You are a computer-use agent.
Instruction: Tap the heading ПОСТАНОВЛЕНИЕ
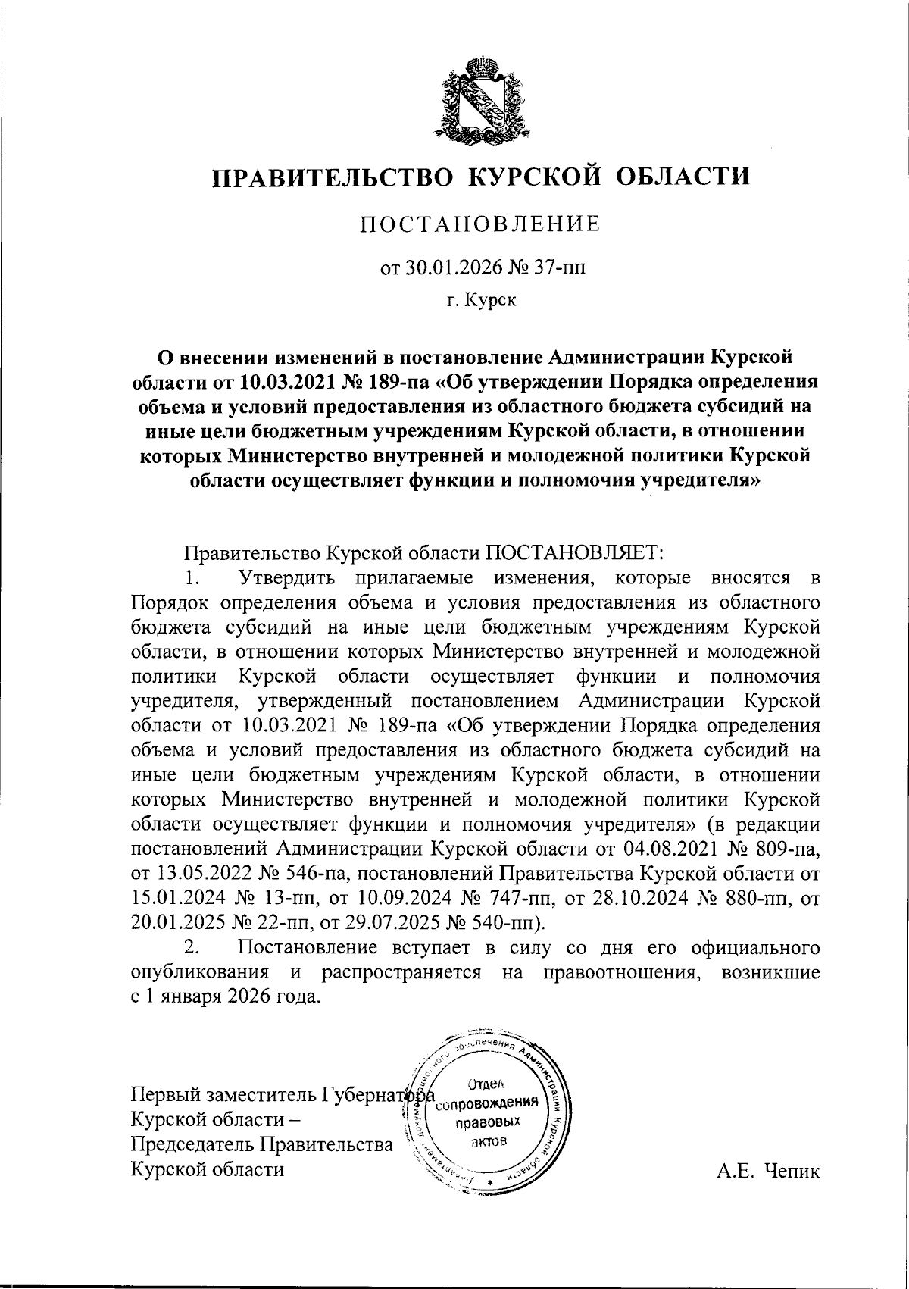479,224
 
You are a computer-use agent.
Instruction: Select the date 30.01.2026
441,267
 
